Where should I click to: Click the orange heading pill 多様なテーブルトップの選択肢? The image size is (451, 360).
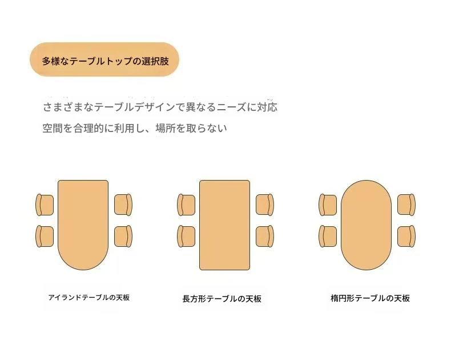(104, 59)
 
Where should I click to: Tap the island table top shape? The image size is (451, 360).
(83, 225)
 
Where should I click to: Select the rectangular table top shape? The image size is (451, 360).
(224, 225)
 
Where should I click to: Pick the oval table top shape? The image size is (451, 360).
(366, 225)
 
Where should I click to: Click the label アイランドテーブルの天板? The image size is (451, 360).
(89, 298)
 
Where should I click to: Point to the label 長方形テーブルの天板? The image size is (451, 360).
(222, 299)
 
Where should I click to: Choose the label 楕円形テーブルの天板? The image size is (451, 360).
(370, 298)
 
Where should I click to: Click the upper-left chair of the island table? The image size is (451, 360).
(45, 205)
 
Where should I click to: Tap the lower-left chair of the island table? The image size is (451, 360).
(45, 236)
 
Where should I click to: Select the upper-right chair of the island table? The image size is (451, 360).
(123, 205)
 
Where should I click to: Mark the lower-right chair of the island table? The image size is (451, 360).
(123, 236)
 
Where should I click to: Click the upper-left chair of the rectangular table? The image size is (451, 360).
(186, 205)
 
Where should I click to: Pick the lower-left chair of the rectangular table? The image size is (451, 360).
(186, 236)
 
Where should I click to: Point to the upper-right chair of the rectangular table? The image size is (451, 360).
(265, 205)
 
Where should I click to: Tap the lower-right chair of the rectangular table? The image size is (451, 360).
(265, 236)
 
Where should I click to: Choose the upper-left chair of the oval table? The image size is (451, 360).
(328, 205)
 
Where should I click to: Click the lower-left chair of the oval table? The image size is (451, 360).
(328, 236)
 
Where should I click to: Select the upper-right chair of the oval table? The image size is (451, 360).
(406, 205)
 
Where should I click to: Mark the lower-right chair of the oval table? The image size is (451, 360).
(406, 236)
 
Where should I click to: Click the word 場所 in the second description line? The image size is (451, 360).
(166, 128)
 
